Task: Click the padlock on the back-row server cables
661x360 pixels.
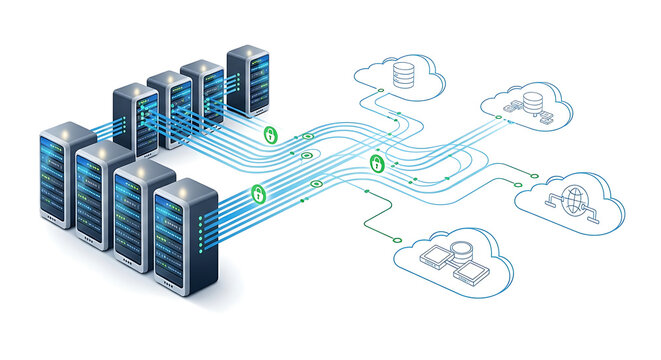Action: point(269,133)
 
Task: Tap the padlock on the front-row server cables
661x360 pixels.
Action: point(258,192)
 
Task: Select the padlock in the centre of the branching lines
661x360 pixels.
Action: point(377,163)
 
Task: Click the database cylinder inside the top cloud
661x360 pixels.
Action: point(403,73)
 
